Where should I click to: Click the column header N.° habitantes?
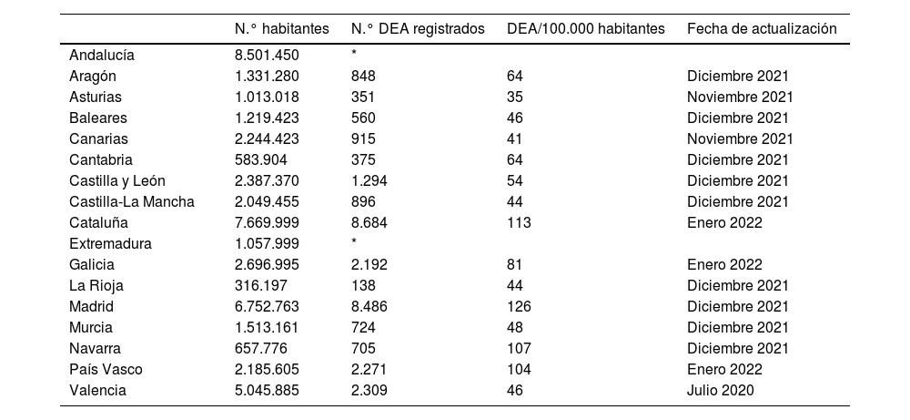coord(282,29)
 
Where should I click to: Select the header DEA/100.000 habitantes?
coord(586,29)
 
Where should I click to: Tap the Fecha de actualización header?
coord(761,29)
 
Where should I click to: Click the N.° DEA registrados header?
coord(418,29)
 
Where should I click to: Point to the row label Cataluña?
coord(98,222)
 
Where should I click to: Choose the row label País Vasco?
coord(106,369)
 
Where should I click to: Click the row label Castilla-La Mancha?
coord(132,201)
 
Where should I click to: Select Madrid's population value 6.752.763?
coord(267,306)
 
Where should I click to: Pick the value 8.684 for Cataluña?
coord(369,222)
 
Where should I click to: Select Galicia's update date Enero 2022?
coord(724,264)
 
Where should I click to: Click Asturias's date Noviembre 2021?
coord(740,97)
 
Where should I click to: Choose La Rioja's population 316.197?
coord(259,285)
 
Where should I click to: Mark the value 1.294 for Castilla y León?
coord(369,180)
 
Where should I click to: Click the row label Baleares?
coord(98,118)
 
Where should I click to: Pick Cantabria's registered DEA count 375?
coord(363,159)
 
